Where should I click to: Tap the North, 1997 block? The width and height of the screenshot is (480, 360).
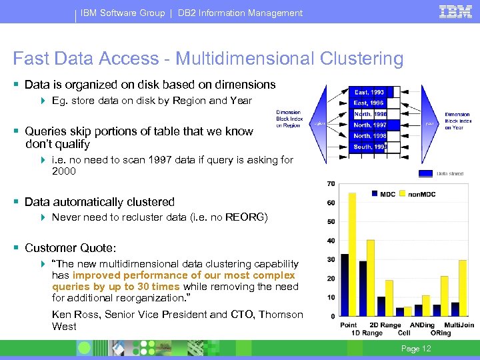(x=370, y=125)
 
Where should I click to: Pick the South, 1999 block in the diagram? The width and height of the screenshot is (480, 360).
(x=370, y=147)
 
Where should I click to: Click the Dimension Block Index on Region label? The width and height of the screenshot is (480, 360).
(x=289, y=119)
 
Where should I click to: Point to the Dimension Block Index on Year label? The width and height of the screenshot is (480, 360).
(x=457, y=121)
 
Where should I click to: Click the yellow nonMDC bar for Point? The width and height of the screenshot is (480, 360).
(x=353, y=254)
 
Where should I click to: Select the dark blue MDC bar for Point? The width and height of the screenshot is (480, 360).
(x=345, y=285)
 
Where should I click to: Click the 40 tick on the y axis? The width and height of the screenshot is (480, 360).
(x=331, y=241)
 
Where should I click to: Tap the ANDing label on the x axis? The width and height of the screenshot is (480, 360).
(x=423, y=325)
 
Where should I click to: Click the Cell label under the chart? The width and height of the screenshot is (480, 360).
(x=404, y=333)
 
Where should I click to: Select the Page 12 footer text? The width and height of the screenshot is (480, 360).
(x=417, y=349)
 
